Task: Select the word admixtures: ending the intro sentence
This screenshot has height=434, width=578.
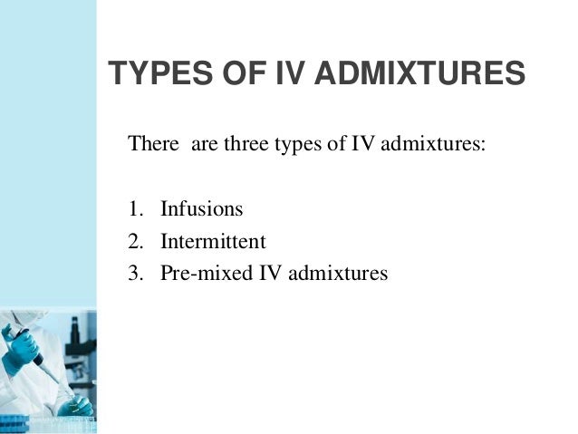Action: (x=439, y=144)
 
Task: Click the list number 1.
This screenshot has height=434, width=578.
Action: (x=134, y=209)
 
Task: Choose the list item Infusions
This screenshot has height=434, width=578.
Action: (x=202, y=209)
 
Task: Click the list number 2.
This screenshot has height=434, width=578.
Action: (x=134, y=242)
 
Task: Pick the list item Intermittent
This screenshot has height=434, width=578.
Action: (x=213, y=242)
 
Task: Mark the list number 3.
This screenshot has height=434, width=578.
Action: (x=134, y=274)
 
